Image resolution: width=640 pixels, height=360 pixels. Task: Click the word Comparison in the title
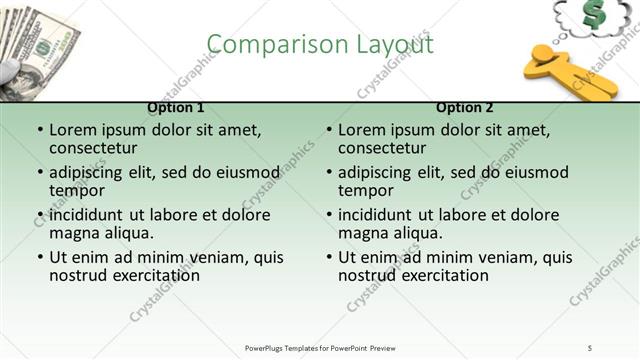(263, 44)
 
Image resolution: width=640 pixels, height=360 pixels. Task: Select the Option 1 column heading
(176, 107)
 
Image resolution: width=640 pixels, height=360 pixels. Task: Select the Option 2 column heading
(465, 107)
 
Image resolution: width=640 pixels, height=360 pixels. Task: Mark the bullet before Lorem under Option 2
(329, 130)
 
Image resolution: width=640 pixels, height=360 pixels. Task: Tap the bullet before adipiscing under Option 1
(40, 173)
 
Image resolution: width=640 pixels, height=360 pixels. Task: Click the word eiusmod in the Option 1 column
(243, 172)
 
